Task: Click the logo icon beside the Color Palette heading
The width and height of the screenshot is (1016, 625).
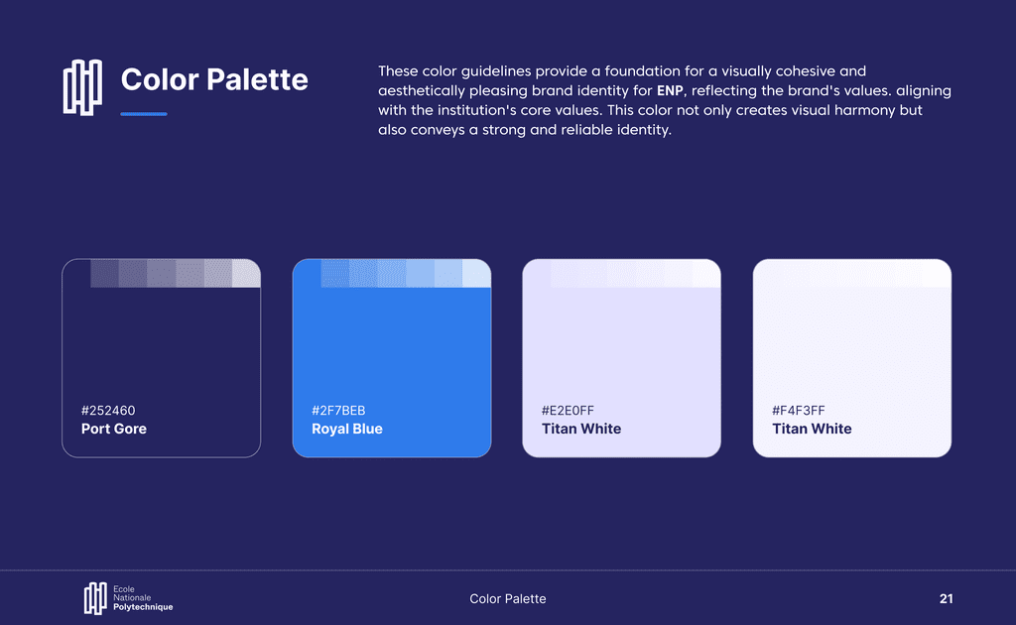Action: tap(82, 87)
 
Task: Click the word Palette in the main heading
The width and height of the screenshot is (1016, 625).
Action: tap(258, 79)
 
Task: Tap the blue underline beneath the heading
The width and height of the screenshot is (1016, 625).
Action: tap(144, 114)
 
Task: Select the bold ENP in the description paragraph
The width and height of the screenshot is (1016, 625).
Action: tap(670, 90)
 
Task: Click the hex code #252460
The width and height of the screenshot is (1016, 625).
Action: tap(108, 411)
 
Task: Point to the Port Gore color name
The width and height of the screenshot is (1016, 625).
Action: tap(114, 429)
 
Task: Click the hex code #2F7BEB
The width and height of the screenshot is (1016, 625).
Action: tap(338, 411)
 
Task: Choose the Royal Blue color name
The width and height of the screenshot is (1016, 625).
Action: tap(347, 429)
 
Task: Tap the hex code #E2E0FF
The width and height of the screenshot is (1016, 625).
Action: tap(568, 411)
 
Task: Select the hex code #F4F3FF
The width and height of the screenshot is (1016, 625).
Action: tap(799, 411)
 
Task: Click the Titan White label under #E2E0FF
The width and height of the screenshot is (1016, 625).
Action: tap(581, 429)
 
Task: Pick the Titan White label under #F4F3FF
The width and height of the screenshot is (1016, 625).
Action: tap(812, 429)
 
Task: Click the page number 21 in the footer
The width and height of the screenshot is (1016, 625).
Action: tap(946, 599)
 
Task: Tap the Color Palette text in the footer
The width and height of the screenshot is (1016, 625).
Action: tap(508, 599)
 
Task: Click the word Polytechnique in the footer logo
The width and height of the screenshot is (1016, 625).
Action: tap(143, 607)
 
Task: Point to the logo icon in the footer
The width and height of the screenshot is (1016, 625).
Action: tap(95, 598)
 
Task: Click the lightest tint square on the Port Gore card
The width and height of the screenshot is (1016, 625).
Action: tap(246, 274)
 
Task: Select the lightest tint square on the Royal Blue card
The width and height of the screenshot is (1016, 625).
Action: tap(477, 274)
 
